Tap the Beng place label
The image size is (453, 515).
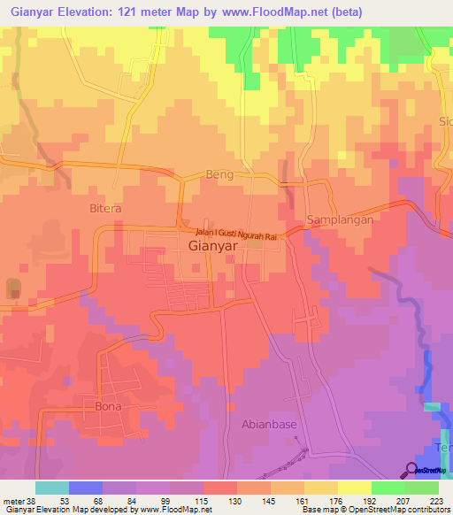[219, 174]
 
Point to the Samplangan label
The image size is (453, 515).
[335, 219]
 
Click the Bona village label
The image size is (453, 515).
[107, 406]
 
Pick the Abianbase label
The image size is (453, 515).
[269, 424]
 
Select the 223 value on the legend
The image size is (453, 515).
[435, 501]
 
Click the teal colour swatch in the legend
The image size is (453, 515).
[52, 488]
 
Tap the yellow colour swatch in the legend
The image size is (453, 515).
[355, 488]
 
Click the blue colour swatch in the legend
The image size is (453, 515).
[86, 488]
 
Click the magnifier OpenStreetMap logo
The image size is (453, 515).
[412, 470]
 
